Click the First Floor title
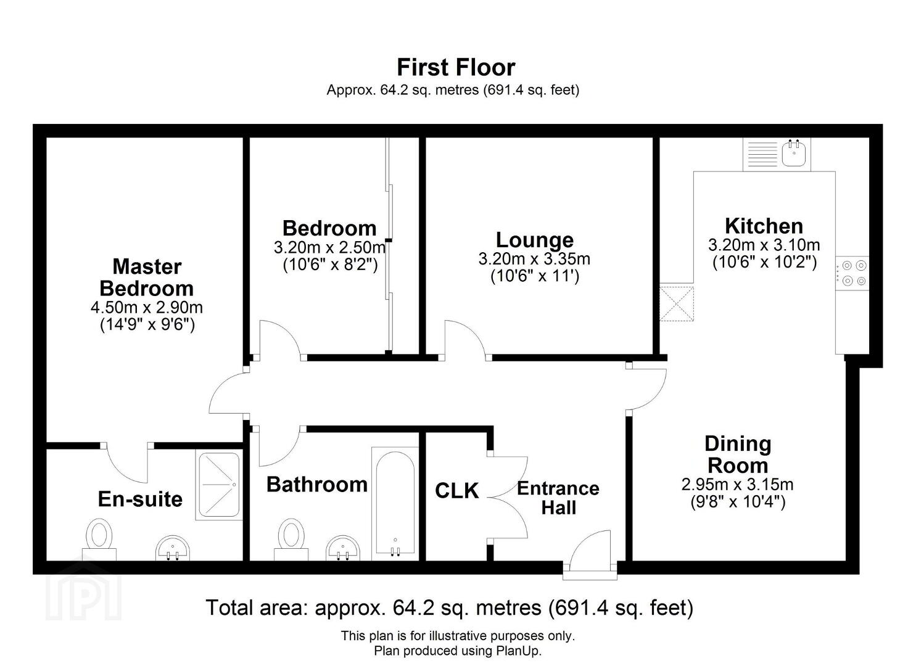pyautogui.click(x=456, y=67)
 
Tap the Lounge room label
pyautogui.click(x=534, y=240)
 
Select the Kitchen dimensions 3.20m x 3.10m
pyautogui.click(x=764, y=245)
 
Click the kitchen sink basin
pyautogui.click(x=794, y=154)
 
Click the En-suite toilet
pyautogui.click(x=99, y=540)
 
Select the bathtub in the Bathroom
pyautogui.click(x=395, y=504)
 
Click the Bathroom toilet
pyautogui.click(x=291, y=540)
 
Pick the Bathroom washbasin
pyautogui.click(x=343, y=548)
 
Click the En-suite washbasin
pyautogui.click(x=173, y=548)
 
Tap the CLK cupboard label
pyautogui.click(x=457, y=491)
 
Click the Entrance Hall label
pyautogui.click(x=558, y=498)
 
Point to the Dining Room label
pyautogui.click(x=738, y=454)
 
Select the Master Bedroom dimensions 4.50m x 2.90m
pyautogui.click(x=147, y=308)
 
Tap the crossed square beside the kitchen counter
pyautogui.click(x=677, y=303)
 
